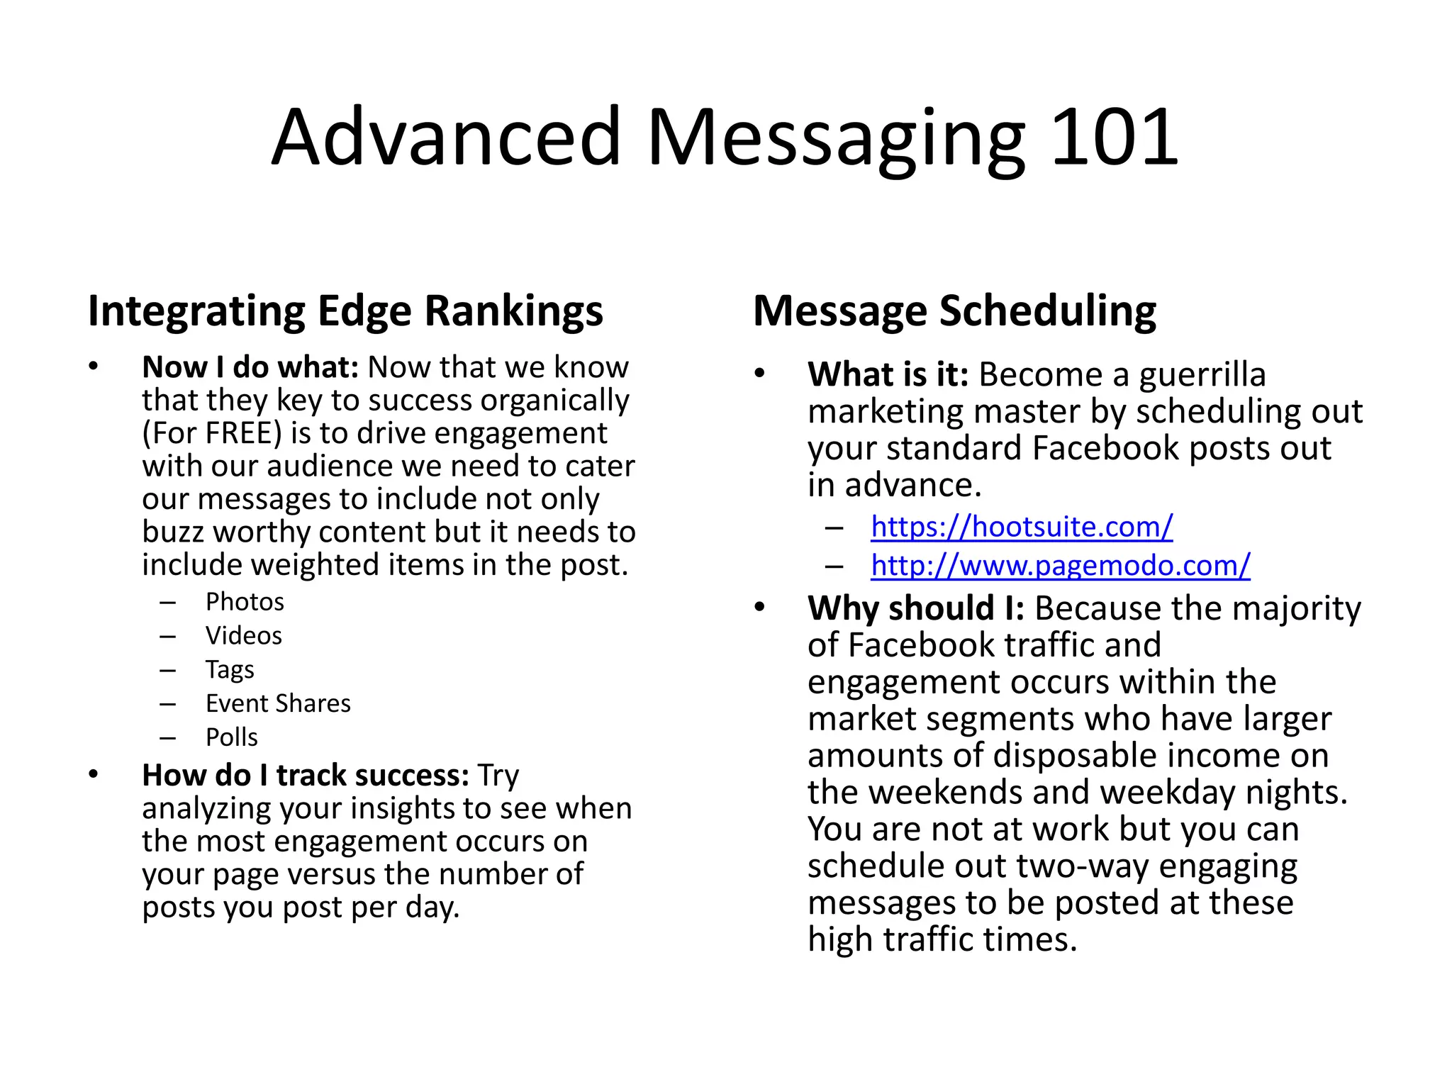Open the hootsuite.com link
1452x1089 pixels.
click(x=1022, y=527)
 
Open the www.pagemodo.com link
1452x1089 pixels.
click(x=1060, y=566)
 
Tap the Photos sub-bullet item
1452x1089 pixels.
click(x=245, y=602)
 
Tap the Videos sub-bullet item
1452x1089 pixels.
click(x=243, y=636)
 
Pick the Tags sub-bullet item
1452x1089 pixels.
click(x=230, y=670)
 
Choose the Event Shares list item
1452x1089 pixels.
click(x=278, y=703)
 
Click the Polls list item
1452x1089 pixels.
click(x=231, y=737)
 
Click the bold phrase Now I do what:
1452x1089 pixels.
click(x=251, y=367)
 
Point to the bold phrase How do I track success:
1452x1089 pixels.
click(x=306, y=776)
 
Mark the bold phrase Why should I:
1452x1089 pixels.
click(x=915, y=608)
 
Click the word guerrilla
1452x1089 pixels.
click(x=1202, y=374)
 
